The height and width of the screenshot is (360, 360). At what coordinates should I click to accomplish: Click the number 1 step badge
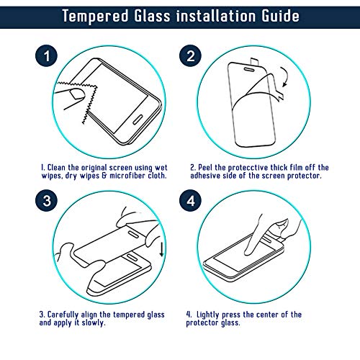(x=47, y=56)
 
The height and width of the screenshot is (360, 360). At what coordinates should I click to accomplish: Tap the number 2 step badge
(x=191, y=56)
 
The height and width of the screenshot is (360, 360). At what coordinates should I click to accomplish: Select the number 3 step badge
(x=47, y=200)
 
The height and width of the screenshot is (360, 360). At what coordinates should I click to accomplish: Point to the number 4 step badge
(x=191, y=200)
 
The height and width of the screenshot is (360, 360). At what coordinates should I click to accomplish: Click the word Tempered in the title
(x=96, y=17)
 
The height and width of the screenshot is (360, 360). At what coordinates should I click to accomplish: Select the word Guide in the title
(x=280, y=16)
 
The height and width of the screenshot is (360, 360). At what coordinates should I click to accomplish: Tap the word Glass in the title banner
(x=152, y=16)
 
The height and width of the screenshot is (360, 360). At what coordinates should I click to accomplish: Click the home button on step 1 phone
(x=138, y=120)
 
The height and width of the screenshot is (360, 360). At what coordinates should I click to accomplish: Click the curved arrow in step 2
(x=287, y=76)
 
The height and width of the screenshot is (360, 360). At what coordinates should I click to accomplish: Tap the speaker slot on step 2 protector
(x=249, y=70)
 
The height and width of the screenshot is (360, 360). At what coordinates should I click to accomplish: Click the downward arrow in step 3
(x=162, y=249)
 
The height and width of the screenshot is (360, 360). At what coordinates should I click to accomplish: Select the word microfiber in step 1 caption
(x=127, y=176)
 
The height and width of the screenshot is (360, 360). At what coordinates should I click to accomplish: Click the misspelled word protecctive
(x=248, y=168)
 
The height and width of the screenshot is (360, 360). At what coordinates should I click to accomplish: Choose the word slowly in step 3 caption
(x=94, y=323)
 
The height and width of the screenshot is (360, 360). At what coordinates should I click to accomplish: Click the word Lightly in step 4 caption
(x=208, y=315)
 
